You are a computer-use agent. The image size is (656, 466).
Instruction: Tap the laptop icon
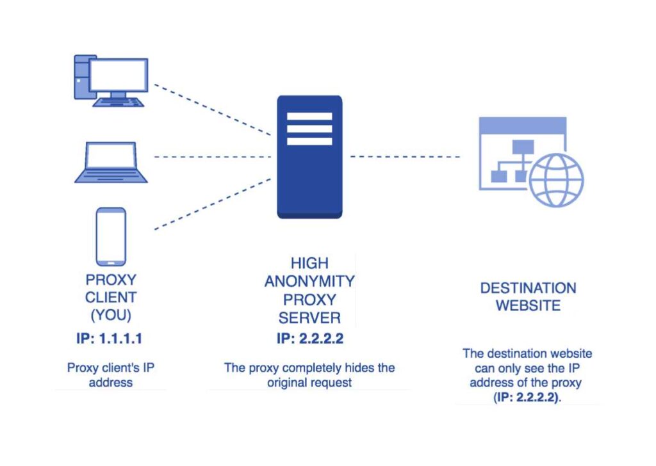tap(111, 162)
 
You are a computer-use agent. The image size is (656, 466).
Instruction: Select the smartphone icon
tap(111, 236)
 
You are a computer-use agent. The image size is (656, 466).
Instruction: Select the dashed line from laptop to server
tap(211, 156)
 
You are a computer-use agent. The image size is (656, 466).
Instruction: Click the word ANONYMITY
tap(309, 282)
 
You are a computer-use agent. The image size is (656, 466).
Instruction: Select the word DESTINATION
tap(528, 288)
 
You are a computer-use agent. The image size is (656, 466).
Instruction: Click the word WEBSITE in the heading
tap(528, 305)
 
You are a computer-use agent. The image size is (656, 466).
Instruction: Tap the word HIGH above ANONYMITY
tap(309, 263)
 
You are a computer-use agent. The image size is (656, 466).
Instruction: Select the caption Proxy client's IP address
tap(110, 375)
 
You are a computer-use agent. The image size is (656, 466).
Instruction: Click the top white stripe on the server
tap(309, 116)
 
